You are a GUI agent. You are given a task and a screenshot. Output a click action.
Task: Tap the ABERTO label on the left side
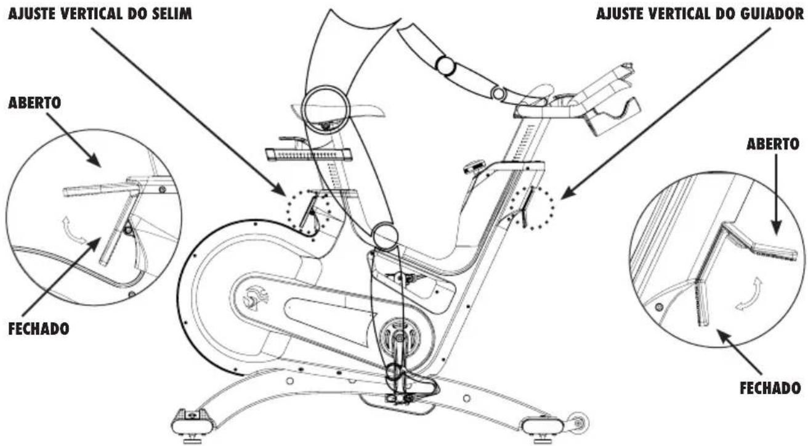[x=34, y=103]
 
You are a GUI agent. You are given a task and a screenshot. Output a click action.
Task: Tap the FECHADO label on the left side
[x=39, y=329]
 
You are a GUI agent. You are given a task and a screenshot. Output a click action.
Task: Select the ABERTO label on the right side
[x=773, y=144]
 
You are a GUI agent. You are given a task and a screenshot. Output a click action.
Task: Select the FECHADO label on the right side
[x=770, y=388]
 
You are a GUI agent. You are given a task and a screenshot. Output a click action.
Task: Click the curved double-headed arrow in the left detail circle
[x=73, y=230]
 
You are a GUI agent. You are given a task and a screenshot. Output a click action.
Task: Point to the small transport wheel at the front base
[x=578, y=423]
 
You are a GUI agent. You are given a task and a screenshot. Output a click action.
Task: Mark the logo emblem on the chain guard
[x=256, y=298]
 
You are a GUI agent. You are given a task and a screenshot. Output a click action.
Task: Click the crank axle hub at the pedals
[x=399, y=338]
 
